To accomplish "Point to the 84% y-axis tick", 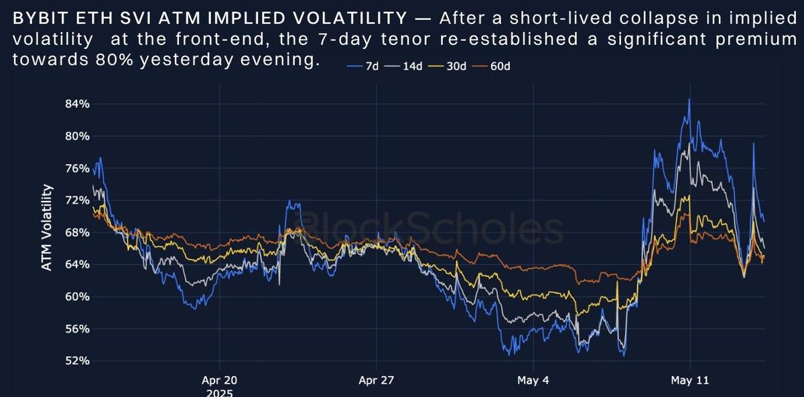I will [77, 104].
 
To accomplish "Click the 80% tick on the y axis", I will [77, 136].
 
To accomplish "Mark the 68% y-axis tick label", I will [77, 232].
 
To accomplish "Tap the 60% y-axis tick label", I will [77, 297].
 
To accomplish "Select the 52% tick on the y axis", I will [77, 361].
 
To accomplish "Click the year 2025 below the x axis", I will [219, 393].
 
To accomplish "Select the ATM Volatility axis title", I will [47, 228].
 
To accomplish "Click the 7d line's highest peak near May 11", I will [689, 100].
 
